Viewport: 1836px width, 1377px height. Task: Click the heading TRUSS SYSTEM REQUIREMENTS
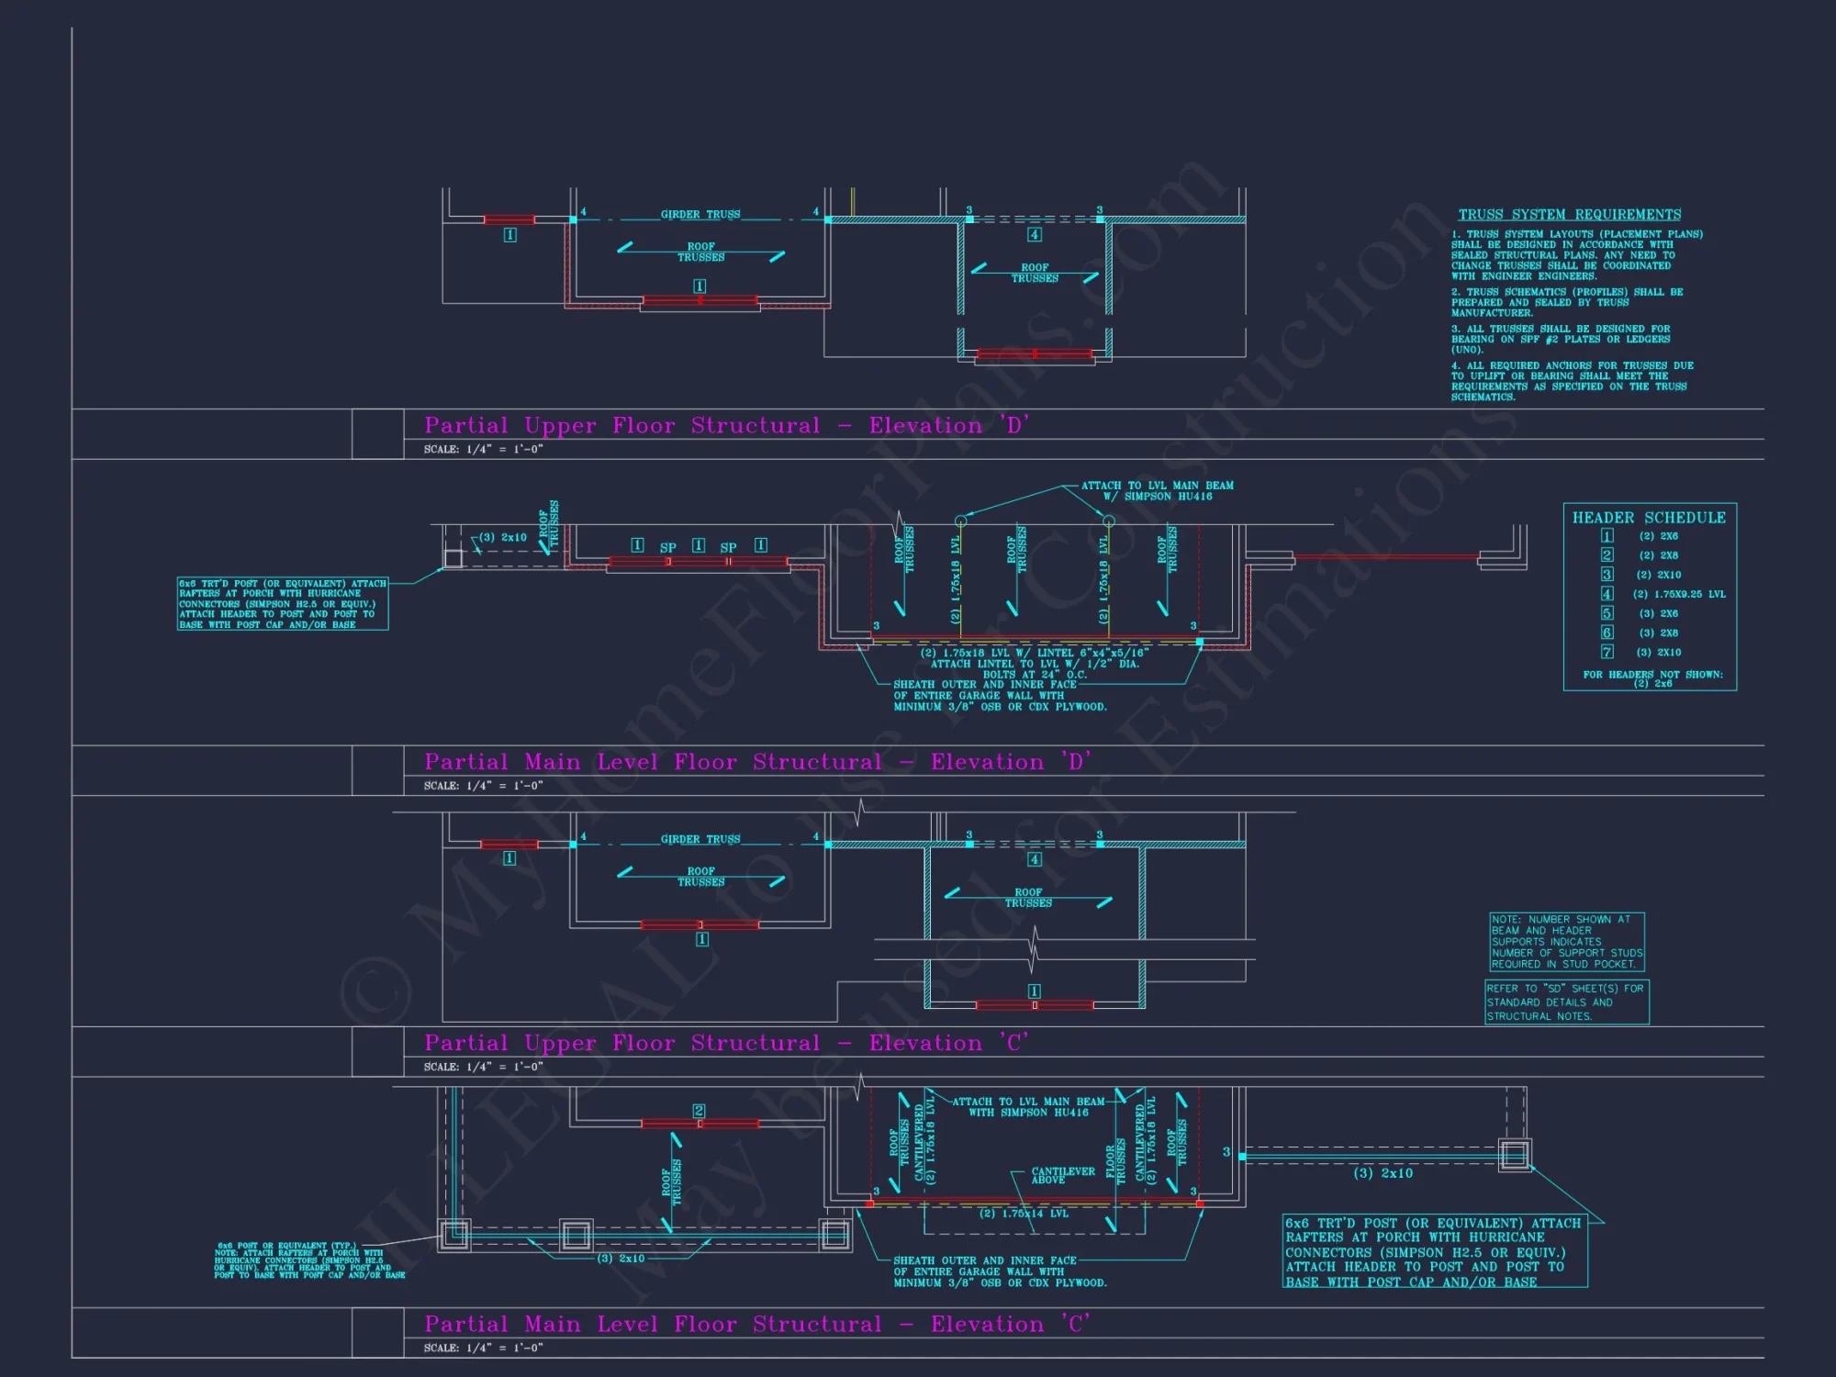[1569, 215]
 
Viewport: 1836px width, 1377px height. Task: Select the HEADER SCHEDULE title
[1649, 518]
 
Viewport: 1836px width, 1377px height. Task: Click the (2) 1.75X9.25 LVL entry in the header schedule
[1679, 594]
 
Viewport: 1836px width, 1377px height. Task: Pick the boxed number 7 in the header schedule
[1606, 652]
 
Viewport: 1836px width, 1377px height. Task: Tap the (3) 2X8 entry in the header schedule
[1658, 633]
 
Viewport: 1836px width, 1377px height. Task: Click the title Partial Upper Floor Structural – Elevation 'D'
[726, 425]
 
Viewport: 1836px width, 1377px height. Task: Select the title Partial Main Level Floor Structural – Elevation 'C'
[757, 1324]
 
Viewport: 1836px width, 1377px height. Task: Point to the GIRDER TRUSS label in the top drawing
[700, 215]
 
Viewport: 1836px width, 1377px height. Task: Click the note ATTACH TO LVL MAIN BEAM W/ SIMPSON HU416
[1157, 491]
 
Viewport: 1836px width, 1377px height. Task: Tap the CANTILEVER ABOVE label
[1062, 1175]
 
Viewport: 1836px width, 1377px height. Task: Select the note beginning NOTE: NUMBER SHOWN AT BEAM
[1566, 942]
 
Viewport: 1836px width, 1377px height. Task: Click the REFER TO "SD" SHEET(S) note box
[1566, 1002]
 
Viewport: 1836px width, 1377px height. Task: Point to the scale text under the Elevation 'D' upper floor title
[483, 450]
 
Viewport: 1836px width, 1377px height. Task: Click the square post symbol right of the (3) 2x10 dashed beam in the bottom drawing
[1515, 1155]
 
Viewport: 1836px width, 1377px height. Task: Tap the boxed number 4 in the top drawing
[1035, 235]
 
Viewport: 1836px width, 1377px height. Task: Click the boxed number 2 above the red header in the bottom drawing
[699, 1111]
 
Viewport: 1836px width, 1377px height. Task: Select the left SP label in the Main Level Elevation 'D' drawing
[667, 548]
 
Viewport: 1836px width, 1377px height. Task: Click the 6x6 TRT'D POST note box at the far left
[283, 604]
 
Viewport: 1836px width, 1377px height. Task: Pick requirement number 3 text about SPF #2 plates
[1560, 339]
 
